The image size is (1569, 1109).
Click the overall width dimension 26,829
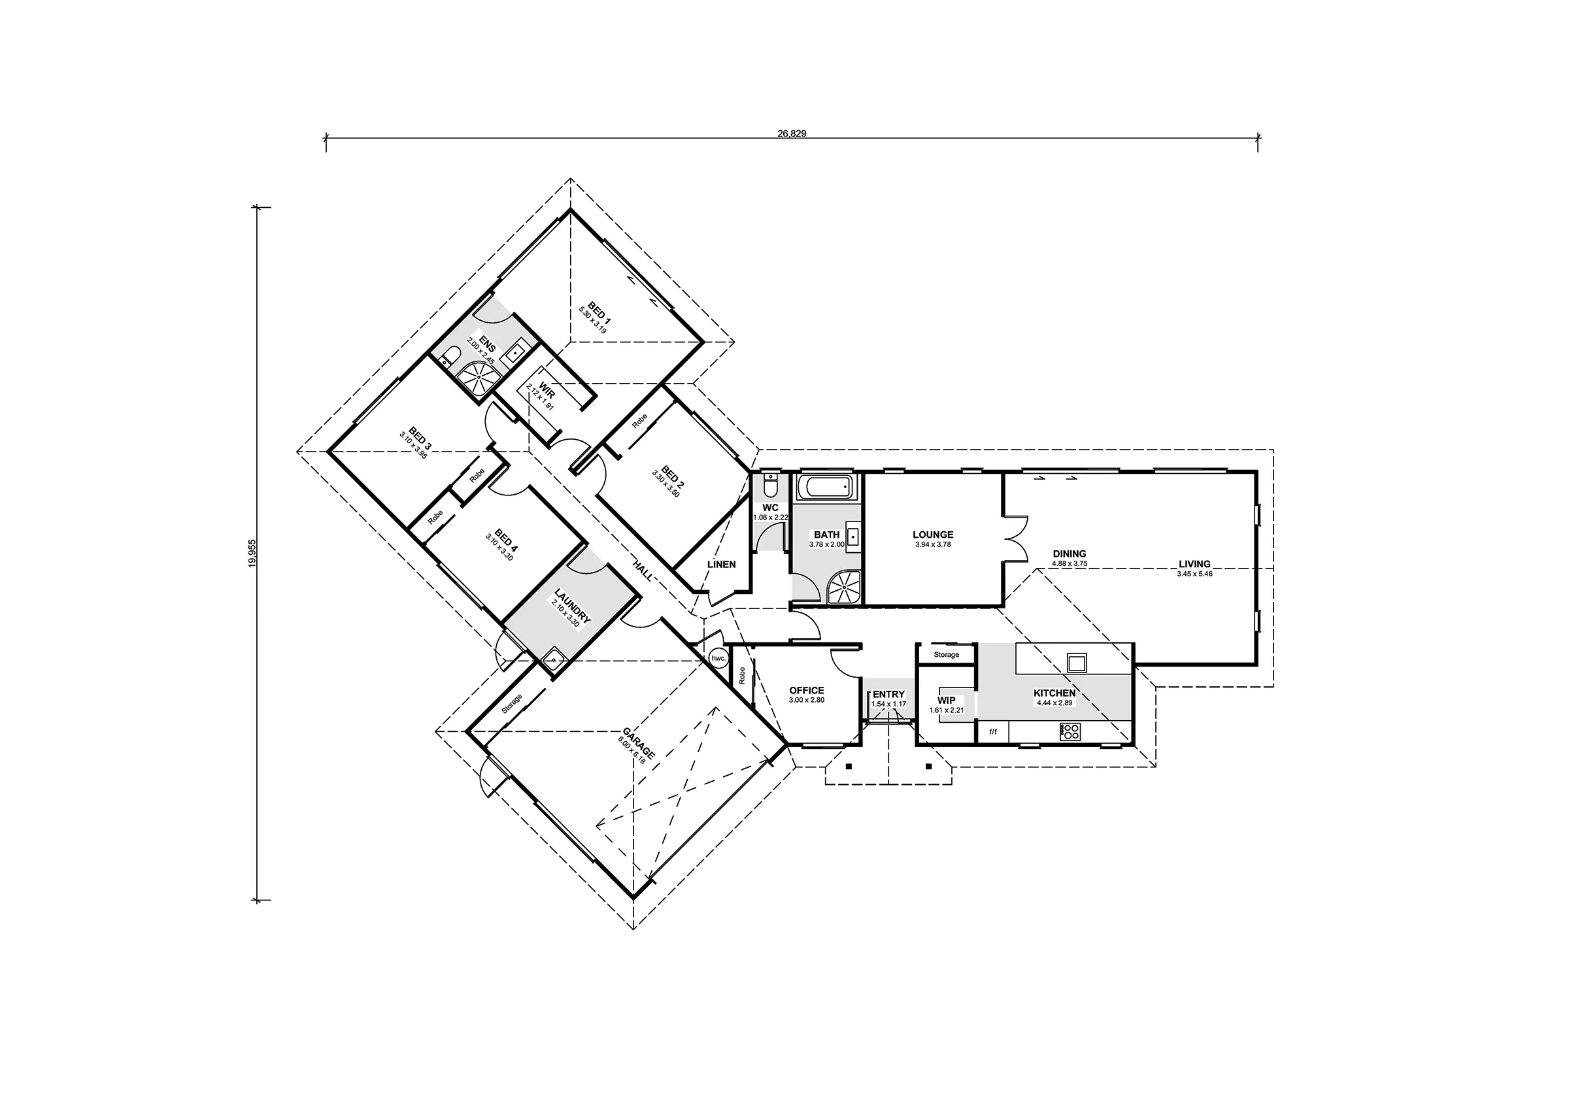(791, 134)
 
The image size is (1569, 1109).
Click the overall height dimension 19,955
(253, 553)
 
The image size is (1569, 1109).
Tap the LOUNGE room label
(933, 535)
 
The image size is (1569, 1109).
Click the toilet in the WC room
(770, 484)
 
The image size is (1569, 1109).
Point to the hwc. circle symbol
(718, 658)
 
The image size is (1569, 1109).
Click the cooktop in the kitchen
(1070, 733)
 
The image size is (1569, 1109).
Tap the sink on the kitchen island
(1077, 662)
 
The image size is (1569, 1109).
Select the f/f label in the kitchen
(993, 732)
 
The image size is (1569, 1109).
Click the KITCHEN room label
(1054, 693)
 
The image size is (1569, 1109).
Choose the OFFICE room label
(806, 690)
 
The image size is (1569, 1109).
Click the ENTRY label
(888, 694)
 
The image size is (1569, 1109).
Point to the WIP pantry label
(947, 701)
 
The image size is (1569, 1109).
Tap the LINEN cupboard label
(722, 565)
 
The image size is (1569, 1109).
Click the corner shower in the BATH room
(845, 587)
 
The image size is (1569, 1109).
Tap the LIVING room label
(1194, 565)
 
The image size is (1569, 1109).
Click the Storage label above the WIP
(947, 655)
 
